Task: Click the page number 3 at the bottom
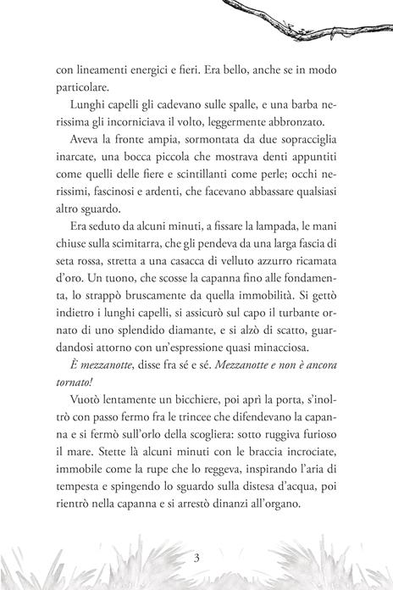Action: [x=196, y=557]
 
